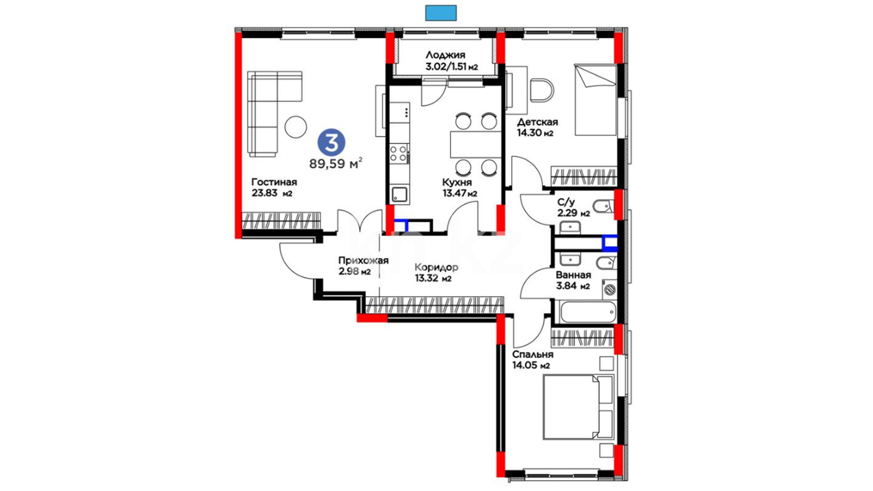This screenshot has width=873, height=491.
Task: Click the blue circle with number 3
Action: pos(331,143)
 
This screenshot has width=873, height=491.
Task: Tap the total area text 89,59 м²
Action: pos(336,163)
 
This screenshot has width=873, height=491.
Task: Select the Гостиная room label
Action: pos(274,182)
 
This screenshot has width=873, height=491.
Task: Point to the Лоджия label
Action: pos(445,55)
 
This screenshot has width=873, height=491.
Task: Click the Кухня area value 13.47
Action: pos(453,193)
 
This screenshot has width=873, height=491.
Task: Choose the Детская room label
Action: pos(537,122)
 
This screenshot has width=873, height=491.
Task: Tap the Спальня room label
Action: pos(532,355)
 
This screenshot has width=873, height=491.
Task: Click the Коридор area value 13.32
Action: pos(426,278)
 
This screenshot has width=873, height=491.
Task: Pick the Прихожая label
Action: pos(363,261)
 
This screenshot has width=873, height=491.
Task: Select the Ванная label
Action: pos(573,275)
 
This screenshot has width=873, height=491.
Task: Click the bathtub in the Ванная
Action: pos(588,312)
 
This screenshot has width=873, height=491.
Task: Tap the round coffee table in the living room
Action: pos(296,127)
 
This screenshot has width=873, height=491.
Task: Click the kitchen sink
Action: pos(400,195)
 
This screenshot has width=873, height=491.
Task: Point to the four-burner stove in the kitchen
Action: pos(399,154)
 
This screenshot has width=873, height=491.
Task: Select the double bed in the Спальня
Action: pos(578,407)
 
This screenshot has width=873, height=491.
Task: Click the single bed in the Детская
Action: pos(596,100)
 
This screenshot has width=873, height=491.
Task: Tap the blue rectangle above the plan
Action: pos(441,13)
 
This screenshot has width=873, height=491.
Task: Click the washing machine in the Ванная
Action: pos(609,289)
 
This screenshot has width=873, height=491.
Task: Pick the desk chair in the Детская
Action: pos(542,90)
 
